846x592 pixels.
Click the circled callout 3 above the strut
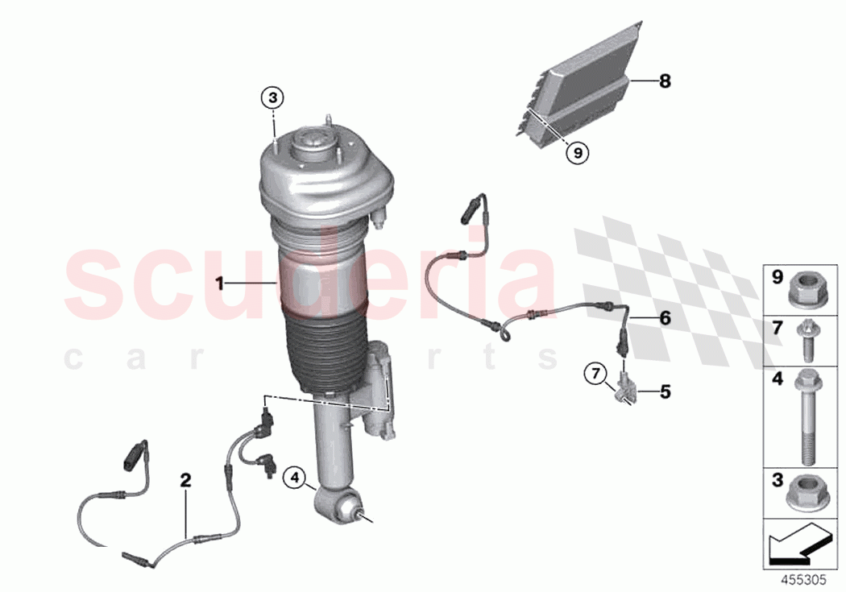272,98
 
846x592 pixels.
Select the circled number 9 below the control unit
576,151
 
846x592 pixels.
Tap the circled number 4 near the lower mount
295,478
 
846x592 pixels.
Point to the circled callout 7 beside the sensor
595,373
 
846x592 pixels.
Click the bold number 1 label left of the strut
218,283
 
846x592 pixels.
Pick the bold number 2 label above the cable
185,481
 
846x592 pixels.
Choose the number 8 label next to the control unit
664,81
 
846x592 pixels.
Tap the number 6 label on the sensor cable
665,318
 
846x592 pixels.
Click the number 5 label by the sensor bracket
665,392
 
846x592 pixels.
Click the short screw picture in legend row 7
806,339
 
